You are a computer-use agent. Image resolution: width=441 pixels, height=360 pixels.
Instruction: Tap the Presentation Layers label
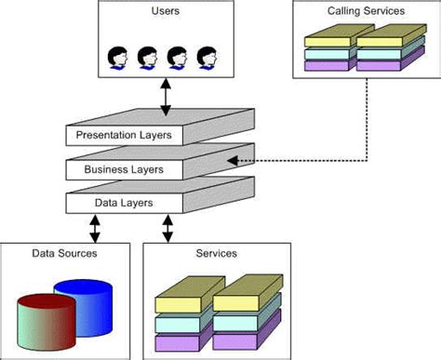click(124, 136)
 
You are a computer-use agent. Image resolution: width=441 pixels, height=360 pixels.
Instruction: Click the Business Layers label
click(124, 169)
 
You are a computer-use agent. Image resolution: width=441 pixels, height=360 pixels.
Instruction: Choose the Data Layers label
click(124, 202)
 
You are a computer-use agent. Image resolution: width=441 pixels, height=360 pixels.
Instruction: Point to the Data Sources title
click(64, 253)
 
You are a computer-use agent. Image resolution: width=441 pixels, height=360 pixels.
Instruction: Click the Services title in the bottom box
click(217, 253)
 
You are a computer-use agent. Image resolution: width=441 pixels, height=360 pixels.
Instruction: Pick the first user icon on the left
click(118, 58)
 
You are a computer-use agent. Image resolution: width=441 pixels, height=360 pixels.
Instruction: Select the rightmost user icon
click(206, 58)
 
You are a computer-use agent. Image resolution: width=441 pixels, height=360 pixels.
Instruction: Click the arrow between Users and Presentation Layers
click(167, 98)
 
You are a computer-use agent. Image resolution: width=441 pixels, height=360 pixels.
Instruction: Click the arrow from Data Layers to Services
click(168, 227)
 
